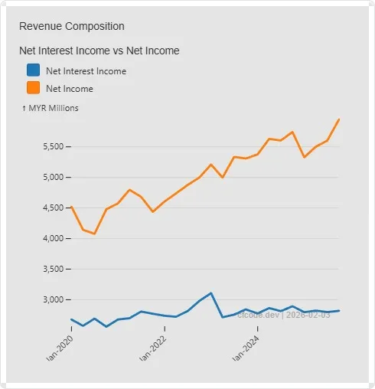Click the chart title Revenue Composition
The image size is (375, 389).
tap(71, 26)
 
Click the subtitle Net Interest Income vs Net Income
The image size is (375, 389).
tap(99, 51)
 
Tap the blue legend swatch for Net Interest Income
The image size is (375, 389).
tap(33, 70)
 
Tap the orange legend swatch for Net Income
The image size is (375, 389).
tap(33, 89)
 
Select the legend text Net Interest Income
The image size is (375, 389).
tap(86, 70)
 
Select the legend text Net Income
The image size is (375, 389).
tap(70, 89)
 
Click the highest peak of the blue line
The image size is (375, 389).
tap(210, 293)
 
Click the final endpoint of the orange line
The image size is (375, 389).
tap(339, 119)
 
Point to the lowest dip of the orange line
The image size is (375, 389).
tap(94, 234)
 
